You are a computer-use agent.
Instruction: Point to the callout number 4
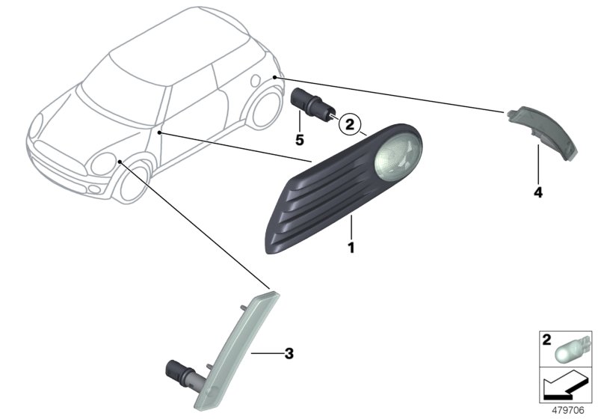click(538, 192)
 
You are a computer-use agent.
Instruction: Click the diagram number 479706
click(570, 410)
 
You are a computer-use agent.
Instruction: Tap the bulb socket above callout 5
click(306, 105)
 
